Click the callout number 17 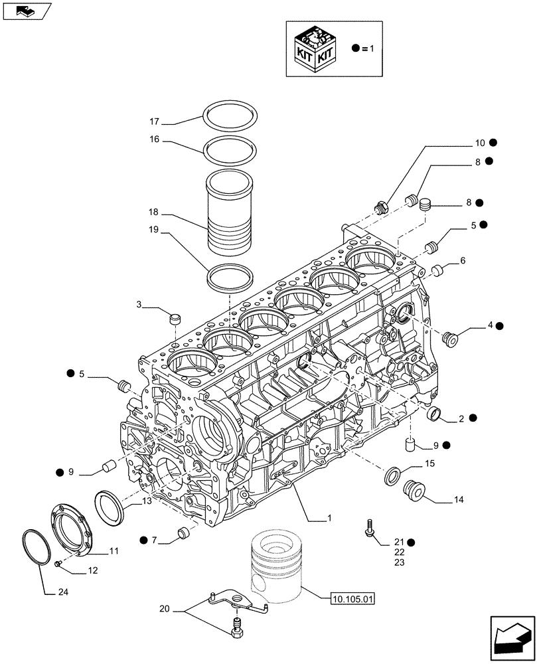(154, 122)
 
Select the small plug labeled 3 (175, 319)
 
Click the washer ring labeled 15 (392, 476)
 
